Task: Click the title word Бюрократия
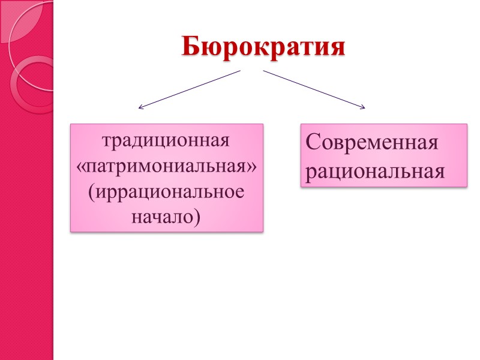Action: click(x=264, y=46)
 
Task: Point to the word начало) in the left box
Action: click(x=167, y=217)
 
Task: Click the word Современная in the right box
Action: click(x=371, y=144)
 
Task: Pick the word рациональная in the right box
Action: click(x=375, y=171)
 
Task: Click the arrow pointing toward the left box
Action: click(x=189, y=89)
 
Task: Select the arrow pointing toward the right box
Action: click(x=314, y=89)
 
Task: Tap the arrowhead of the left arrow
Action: click(x=140, y=107)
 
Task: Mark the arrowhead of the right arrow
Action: click(x=362, y=107)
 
